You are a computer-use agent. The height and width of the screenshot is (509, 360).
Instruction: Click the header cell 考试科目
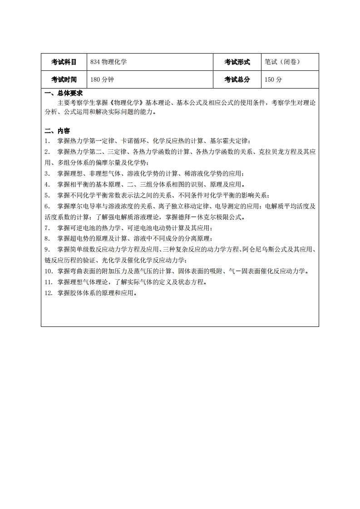tap(64, 62)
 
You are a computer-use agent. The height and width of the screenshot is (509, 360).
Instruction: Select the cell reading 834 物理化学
tap(108, 62)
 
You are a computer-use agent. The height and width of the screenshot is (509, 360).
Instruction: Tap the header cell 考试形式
tap(237, 62)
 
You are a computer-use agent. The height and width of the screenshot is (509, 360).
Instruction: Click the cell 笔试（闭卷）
tap(282, 62)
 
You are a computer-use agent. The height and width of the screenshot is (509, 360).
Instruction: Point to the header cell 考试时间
tap(64, 79)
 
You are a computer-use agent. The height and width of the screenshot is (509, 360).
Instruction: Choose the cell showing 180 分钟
tap(102, 79)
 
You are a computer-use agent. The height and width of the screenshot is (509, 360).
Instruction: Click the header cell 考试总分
tap(237, 79)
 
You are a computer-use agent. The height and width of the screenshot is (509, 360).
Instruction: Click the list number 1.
tap(47, 141)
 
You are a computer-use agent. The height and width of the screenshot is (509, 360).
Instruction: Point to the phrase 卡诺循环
tap(134, 141)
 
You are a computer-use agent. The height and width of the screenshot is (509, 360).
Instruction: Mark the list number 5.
tap(47, 196)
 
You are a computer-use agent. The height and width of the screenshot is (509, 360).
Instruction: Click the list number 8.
tap(47, 239)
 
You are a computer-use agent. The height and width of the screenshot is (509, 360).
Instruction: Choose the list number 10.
tap(49, 272)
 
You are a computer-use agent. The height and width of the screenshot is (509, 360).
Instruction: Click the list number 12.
tap(49, 293)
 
